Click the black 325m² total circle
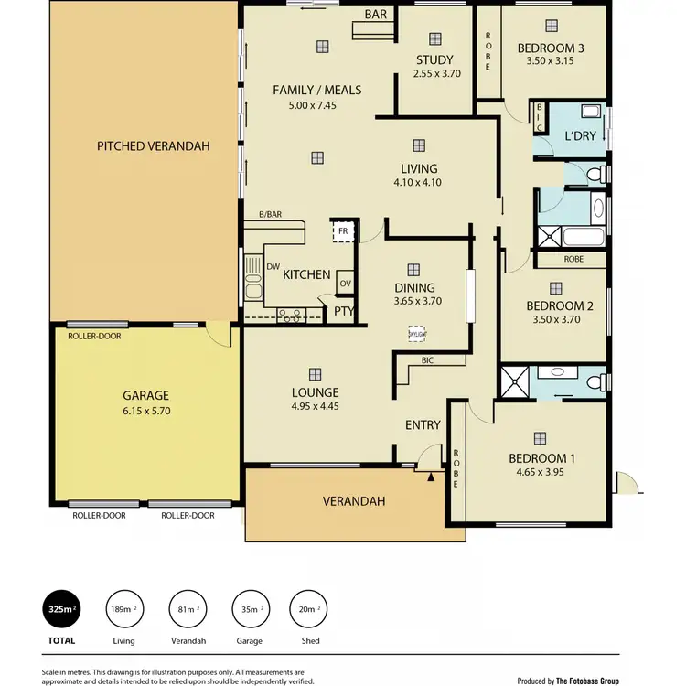tap(62, 608)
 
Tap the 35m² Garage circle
tap(250, 608)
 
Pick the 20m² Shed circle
tap(311, 608)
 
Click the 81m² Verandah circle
tap(187, 608)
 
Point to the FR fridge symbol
tap(343, 231)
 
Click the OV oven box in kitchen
tap(345, 283)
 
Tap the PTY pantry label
tap(344, 311)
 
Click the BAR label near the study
tap(375, 15)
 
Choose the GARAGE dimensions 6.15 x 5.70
tap(146, 411)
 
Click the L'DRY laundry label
tap(580, 135)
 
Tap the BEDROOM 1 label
tap(536, 458)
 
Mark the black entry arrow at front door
tap(431, 476)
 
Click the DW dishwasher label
tap(273, 266)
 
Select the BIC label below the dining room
tap(427, 360)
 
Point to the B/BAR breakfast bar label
tap(269, 215)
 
